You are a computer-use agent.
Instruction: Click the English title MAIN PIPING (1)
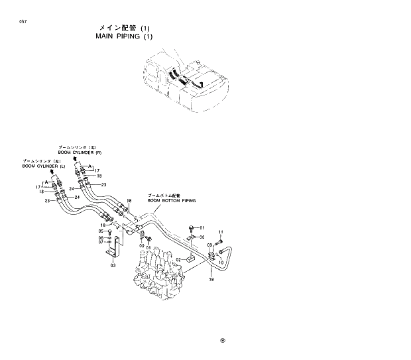(123, 37)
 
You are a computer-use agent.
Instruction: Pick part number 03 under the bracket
(113, 265)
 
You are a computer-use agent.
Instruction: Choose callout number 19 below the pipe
(211, 280)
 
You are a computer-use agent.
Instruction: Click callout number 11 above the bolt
(221, 231)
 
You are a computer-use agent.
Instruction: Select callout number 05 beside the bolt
(102, 231)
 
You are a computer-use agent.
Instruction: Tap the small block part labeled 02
(190, 258)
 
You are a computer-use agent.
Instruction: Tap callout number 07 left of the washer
(102, 242)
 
